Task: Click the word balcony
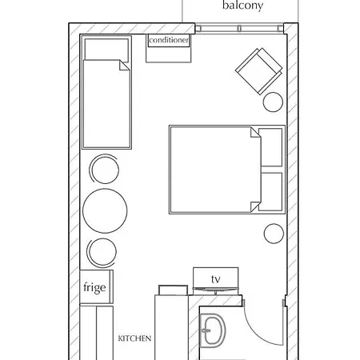click(x=242, y=6)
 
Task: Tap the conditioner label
click(x=169, y=40)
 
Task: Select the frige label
click(x=94, y=287)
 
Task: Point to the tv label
click(x=216, y=279)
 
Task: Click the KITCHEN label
click(x=134, y=338)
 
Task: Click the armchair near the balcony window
click(x=259, y=71)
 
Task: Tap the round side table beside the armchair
click(x=273, y=102)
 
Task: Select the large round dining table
click(x=105, y=210)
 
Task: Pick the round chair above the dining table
click(x=104, y=169)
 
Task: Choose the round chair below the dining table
click(x=102, y=253)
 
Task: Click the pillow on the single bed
click(x=106, y=50)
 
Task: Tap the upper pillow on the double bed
click(x=271, y=147)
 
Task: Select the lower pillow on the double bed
click(x=271, y=191)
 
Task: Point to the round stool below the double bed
click(x=274, y=234)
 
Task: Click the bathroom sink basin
click(x=213, y=330)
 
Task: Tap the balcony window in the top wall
click(x=239, y=29)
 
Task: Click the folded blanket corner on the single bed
click(x=124, y=66)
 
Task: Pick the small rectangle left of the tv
click(x=173, y=290)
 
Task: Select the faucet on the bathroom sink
click(x=206, y=330)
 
